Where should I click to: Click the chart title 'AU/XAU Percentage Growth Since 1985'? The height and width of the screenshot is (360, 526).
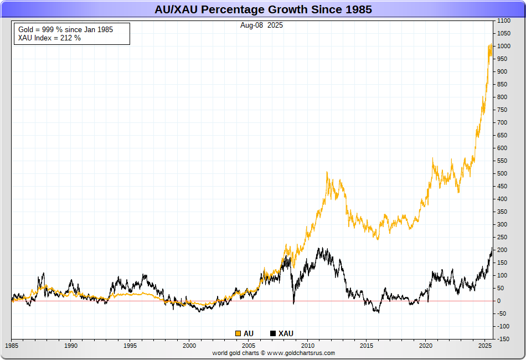point(263,9)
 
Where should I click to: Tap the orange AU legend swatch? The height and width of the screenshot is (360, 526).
point(238,333)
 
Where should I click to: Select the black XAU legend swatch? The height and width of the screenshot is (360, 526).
point(273,333)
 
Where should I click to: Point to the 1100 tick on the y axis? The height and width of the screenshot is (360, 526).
point(503,20)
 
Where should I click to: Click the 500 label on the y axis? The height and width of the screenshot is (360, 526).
point(502,173)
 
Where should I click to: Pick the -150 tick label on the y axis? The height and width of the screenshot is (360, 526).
point(503,339)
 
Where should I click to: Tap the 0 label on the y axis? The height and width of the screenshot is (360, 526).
point(499,301)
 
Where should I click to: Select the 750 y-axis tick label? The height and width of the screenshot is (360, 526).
point(502,110)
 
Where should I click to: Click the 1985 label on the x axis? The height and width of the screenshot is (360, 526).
point(12,346)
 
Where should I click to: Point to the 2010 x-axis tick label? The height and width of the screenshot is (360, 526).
point(307,346)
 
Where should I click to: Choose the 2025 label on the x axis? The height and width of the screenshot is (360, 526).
point(486,346)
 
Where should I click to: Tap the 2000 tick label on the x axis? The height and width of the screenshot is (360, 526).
point(189,346)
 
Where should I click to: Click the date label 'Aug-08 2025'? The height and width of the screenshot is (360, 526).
point(262,25)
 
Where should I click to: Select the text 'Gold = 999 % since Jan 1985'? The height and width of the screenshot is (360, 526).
point(65,29)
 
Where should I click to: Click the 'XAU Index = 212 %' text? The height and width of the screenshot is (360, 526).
point(49,38)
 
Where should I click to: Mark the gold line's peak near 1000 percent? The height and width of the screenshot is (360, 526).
point(491,45)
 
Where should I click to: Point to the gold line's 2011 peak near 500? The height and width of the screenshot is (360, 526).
point(327,172)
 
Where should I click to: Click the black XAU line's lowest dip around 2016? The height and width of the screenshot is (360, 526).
point(378,313)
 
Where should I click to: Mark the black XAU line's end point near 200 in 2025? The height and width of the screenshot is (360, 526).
point(492,248)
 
